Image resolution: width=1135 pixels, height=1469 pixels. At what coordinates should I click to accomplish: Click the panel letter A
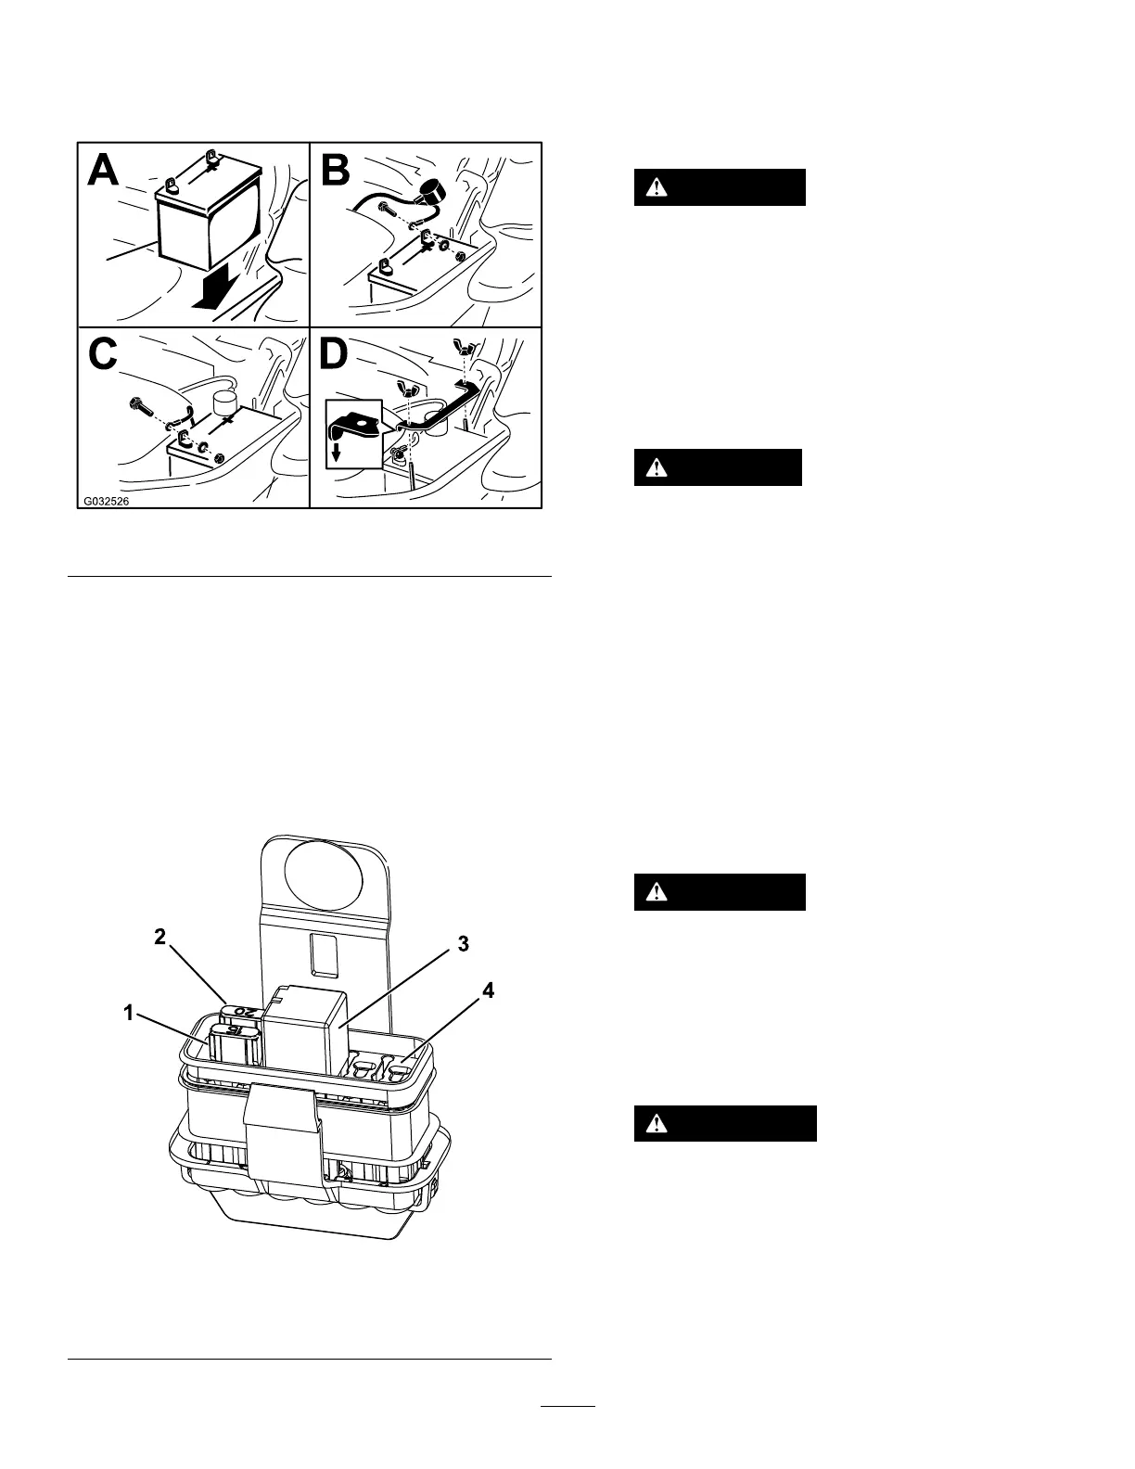tap(104, 171)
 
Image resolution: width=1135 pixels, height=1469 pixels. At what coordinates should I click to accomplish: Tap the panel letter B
tap(337, 171)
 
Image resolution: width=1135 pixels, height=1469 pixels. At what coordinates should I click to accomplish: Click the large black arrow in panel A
tap(214, 290)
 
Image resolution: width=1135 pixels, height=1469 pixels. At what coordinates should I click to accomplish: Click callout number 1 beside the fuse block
tap(131, 1014)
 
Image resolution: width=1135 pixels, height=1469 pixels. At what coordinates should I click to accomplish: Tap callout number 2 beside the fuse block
tap(159, 937)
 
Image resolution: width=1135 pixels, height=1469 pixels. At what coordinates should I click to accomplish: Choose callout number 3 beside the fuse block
tap(464, 944)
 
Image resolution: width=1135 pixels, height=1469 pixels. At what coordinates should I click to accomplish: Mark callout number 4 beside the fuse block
tap(488, 990)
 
